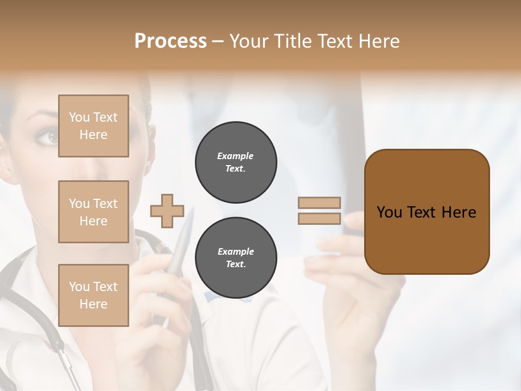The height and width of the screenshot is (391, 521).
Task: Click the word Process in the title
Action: point(170,41)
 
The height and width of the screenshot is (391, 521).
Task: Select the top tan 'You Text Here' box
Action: point(93,126)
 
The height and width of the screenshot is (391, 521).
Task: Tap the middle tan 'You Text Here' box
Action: point(93,212)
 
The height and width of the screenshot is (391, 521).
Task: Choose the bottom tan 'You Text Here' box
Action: point(93,295)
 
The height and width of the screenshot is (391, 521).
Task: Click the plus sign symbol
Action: point(167,211)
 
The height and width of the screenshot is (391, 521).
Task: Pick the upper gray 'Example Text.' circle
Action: point(236,162)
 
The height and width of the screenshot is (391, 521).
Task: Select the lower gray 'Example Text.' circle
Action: point(236,257)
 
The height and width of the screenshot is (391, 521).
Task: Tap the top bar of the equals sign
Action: point(319,203)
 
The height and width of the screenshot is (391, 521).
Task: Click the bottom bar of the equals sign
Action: point(319,218)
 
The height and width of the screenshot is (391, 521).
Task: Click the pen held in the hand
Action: point(179,244)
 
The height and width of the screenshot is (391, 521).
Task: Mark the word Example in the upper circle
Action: point(236,156)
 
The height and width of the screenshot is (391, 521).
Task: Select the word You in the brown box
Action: point(389,212)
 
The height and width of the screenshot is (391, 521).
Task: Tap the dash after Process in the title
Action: point(218,42)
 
